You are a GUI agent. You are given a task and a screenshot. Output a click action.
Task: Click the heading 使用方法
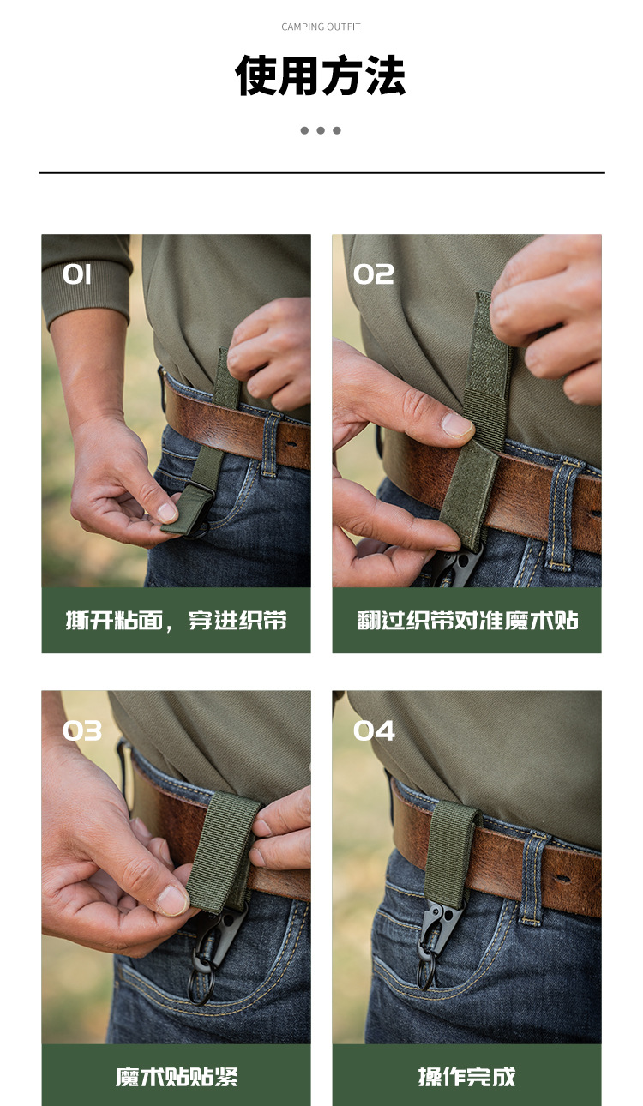click(321, 76)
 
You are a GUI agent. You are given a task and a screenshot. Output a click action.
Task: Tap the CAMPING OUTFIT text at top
click(321, 27)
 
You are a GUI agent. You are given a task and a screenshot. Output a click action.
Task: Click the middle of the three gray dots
click(321, 130)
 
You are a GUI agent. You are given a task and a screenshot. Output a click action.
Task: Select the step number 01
click(77, 274)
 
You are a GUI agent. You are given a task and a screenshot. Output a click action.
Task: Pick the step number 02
click(374, 274)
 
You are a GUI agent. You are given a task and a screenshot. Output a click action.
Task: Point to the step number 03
click(82, 730)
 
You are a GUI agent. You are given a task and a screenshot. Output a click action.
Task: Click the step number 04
click(375, 730)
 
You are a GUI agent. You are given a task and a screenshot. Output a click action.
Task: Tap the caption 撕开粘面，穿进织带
click(176, 621)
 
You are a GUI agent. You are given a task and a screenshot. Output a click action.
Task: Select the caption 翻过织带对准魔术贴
click(467, 621)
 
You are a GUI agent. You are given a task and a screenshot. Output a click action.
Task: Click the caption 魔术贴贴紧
click(177, 1077)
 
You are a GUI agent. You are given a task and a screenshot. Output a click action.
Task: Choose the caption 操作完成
click(467, 1077)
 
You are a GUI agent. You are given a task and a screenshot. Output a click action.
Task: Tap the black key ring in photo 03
click(201, 986)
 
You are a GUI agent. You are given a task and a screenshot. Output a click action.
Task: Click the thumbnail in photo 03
click(172, 899)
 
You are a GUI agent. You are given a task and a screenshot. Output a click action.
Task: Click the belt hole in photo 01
click(291, 445)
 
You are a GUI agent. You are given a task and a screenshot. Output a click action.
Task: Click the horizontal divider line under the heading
click(321, 173)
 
